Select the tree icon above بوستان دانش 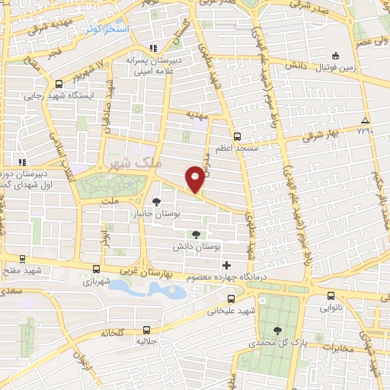tap(197, 235)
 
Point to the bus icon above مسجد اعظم tap(237, 136)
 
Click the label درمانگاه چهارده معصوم tap(227, 277)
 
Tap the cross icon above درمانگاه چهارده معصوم tap(226, 265)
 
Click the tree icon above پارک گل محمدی tap(278, 330)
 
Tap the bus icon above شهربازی tap(96, 268)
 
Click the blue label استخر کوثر tap(107, 28)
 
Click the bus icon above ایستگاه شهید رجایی tap(59, 85)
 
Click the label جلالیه tap(146, 341)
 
